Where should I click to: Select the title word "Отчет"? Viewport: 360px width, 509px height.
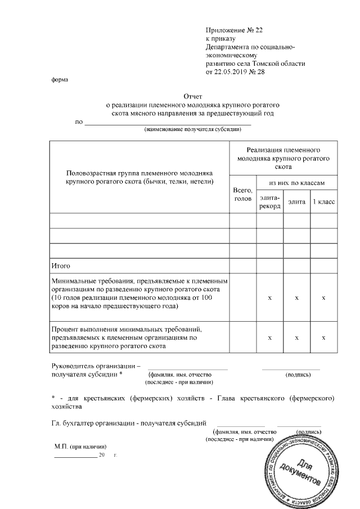pos(193,96)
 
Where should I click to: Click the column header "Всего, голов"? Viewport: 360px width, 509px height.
pos(242,196)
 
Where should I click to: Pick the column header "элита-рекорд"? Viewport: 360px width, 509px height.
pos(269,201)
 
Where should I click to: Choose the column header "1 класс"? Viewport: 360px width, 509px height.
pos(324,201)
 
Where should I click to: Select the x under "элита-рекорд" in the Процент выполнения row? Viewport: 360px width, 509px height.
pos(269,337)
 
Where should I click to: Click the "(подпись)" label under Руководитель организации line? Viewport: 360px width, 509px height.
pos(296,374)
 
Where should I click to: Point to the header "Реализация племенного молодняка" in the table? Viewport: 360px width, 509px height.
pos(283,159)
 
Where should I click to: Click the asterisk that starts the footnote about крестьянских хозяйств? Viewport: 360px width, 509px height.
pos(53,398)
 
